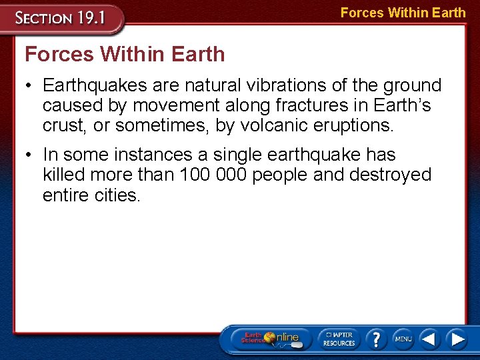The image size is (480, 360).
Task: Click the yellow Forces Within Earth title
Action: coord(403,13)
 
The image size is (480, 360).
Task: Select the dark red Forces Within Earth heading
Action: coord(125,54)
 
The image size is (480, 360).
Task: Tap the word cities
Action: coord(117,196)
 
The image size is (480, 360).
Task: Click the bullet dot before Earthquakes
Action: coord(31,86)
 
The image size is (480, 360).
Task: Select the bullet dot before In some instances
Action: coord(31,155)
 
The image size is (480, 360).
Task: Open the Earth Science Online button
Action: coord(269,338)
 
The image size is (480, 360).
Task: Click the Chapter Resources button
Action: coord(339,338)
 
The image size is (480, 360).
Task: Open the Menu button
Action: coord(403,339)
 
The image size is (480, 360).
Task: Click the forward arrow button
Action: coord(457,339)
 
